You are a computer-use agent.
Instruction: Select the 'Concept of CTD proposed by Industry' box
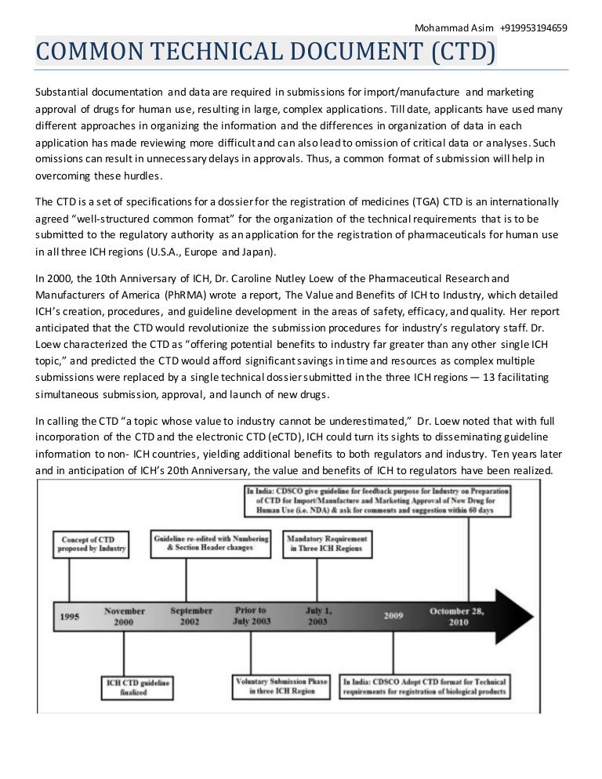click(91, 544)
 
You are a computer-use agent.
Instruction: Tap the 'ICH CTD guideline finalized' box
click(137, 687)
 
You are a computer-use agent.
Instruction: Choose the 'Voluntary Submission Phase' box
click(281, 687)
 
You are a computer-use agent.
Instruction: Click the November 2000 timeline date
click(125, 616)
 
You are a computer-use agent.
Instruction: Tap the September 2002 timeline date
click(191, 616)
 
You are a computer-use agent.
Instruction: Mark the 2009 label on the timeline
click(393, 616)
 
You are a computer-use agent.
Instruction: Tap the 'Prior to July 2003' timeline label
click(251, 615)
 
